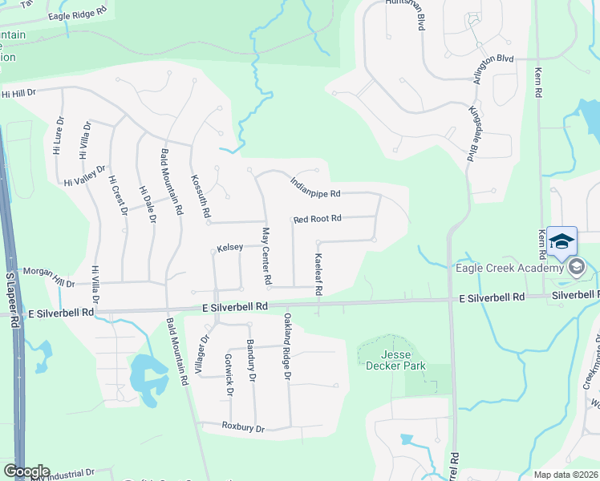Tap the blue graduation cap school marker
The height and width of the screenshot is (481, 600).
click(x=561, y=241)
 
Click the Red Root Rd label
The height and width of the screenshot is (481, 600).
click(x=318, y=218)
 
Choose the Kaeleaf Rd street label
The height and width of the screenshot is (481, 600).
click(x=318, y=275)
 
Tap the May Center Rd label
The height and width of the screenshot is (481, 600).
click(x=267, y=257)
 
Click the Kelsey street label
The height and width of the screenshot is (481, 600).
click(x=229, y=249)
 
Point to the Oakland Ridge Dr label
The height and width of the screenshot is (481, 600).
click(x=286, y=346)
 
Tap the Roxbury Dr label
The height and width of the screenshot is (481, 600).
click(x=243, y=428)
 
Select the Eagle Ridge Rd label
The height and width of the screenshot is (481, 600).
click(x=77, y=15)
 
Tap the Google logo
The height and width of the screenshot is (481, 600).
click(x=26, y=471)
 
